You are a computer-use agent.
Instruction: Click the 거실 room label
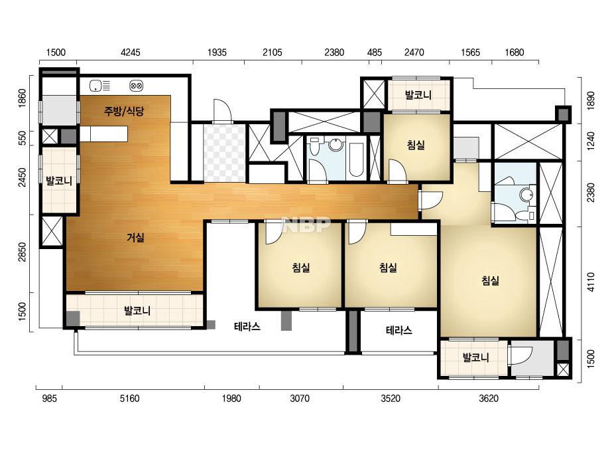pyautogui.click(x=135, y=237)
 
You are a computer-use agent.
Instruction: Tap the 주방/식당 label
pyautogui.click(x=124, y=111)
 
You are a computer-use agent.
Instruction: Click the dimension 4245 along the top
pyautogui.click(x=131, y=52)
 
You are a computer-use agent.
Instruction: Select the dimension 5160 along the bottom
pyautogui.click(x=129, y=399)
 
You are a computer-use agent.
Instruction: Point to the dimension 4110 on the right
pyautogui.click(x=591, y=282)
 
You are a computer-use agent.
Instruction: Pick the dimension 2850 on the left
pyautogui.click(x=23, y=252)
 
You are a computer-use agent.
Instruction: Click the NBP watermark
pyautogui.click(x=306, y=225)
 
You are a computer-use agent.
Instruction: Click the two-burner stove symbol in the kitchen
pyautogui.click(x=136, y=86)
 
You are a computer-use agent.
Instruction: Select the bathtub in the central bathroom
pyautogui.click(x=356, y=159)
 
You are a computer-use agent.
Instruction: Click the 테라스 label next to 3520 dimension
pyautogui.click(x=398, y=331)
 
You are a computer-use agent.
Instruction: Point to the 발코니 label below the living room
pyautogui.click(x=137, y=311)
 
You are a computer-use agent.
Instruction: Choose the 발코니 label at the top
pyautogui.click(x=418, y=95)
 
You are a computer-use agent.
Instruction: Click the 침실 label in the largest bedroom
pyautogui.click(x=490, y=280)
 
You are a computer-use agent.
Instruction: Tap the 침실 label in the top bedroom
pyautogui.click(x=416, y=145)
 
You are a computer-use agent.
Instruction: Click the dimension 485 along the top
pyautogui.click(x=375, y=52)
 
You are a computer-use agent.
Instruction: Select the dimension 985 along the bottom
pyautogui.click(x=50, y=399)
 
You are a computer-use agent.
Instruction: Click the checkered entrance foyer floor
pyautogui.click(x=224, y=153)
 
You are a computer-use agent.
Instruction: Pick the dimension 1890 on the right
pyautogui.click(x=591, y=100)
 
